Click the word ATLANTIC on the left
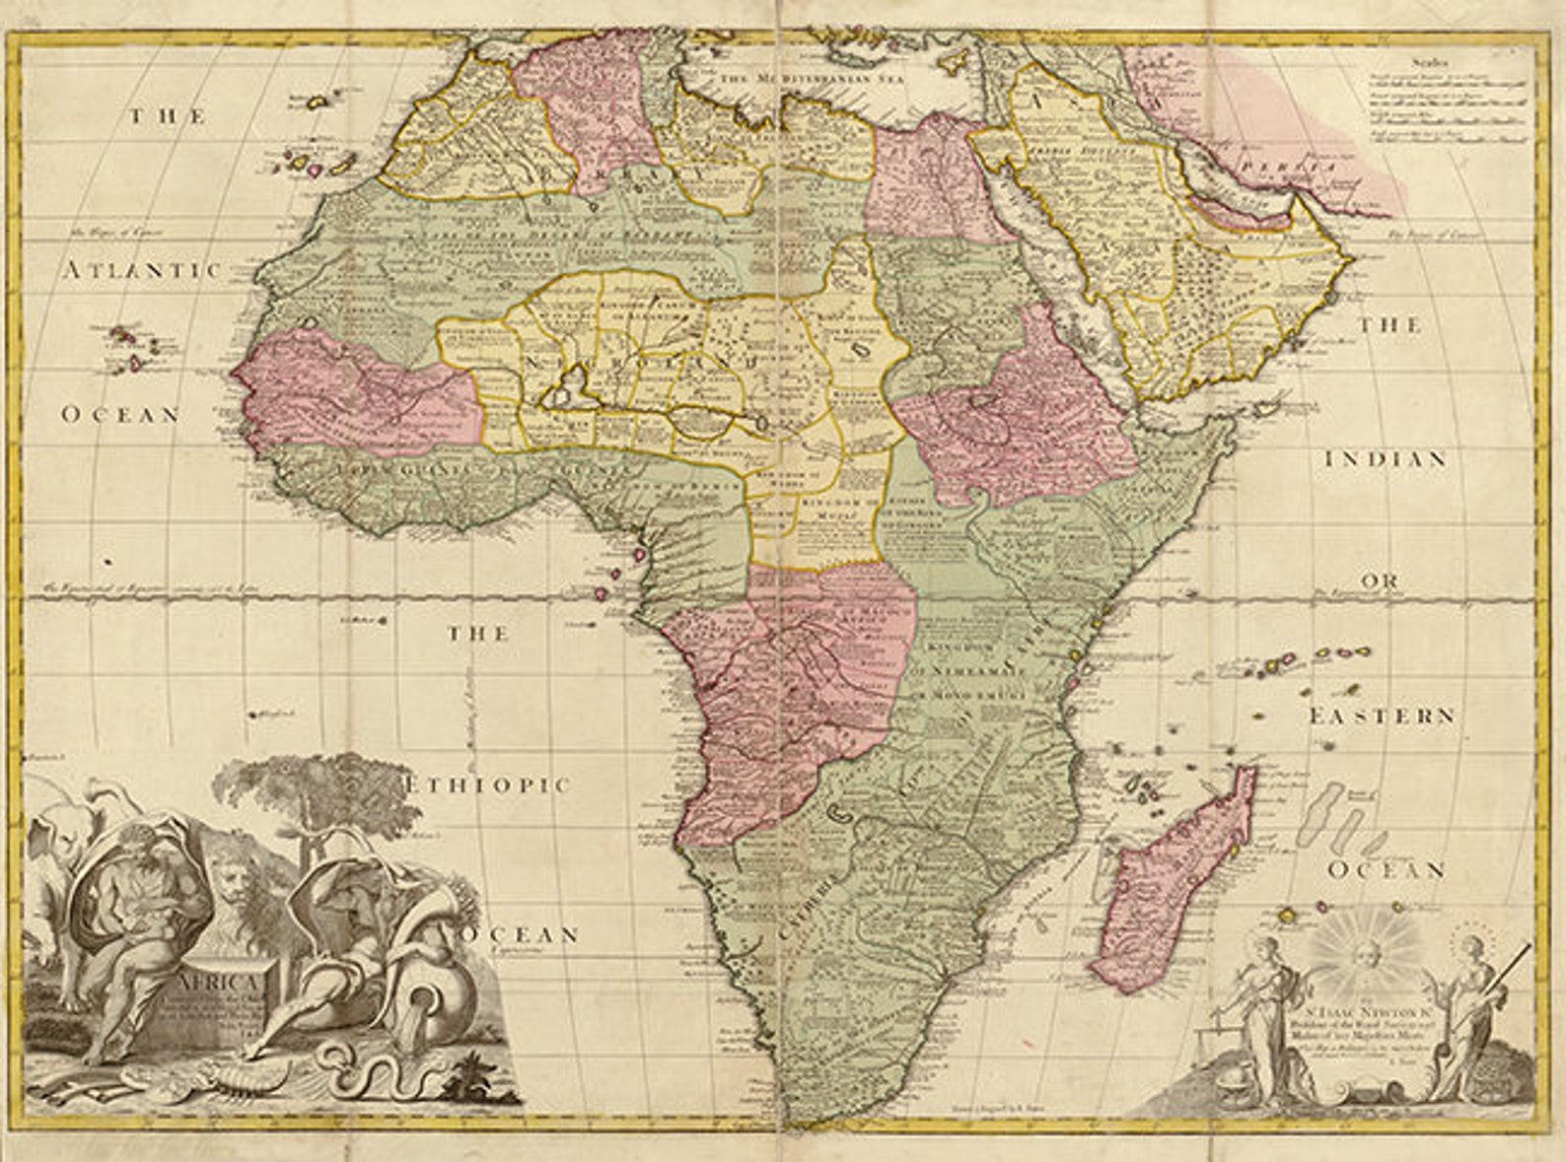(x=143, y=271)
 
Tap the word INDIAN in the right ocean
(x=1385, y=459)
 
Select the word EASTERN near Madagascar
(x=1381, y=717)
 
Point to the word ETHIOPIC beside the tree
(x=489, y=786)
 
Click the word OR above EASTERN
(x=1382, y=581)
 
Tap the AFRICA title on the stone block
(x=220, y=983)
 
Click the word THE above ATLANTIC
(x=168, y=117)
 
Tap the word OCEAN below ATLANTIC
(x=121, y=415)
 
